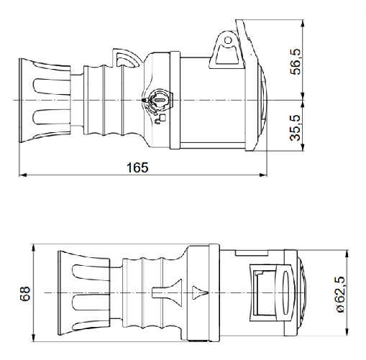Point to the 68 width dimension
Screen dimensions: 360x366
coord(25,293)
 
